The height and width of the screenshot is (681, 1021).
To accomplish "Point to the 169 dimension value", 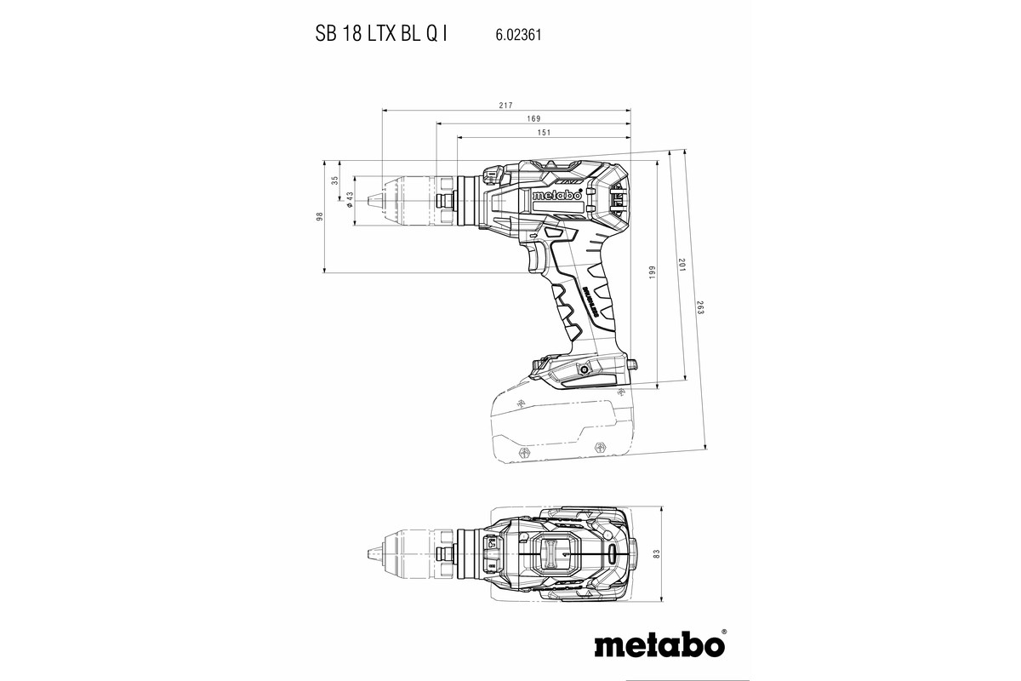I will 533,118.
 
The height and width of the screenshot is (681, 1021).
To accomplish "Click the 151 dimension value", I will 544,132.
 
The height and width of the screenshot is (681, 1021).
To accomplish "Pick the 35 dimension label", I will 334,180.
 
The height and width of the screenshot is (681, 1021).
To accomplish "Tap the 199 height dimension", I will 653,273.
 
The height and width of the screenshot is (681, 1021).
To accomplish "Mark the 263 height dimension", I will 699,309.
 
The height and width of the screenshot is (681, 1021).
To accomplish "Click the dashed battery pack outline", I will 553,426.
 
